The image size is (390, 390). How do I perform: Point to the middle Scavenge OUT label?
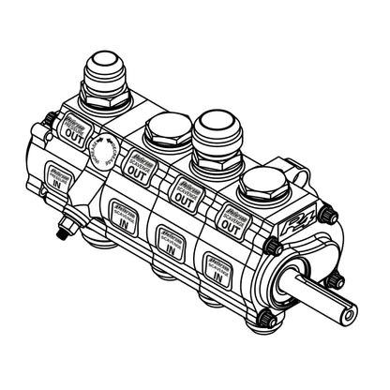tap(186, 192)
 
